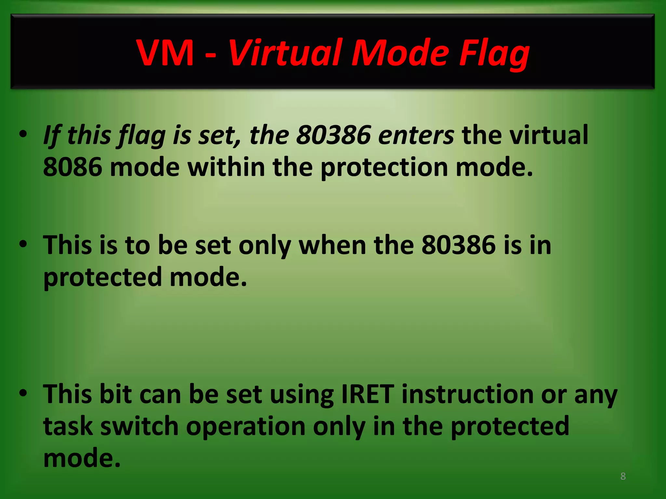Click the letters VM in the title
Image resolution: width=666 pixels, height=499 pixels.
[165, 53]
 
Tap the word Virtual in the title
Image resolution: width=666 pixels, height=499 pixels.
[285, 53]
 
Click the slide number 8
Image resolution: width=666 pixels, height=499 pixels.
[623, 476]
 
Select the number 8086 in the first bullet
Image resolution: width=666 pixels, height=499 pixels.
[72, 167]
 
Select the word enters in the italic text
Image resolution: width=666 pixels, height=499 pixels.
[416, 135]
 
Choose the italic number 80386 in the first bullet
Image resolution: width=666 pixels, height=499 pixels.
[333, 135]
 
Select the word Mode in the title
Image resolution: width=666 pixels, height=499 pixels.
[400, 53]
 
